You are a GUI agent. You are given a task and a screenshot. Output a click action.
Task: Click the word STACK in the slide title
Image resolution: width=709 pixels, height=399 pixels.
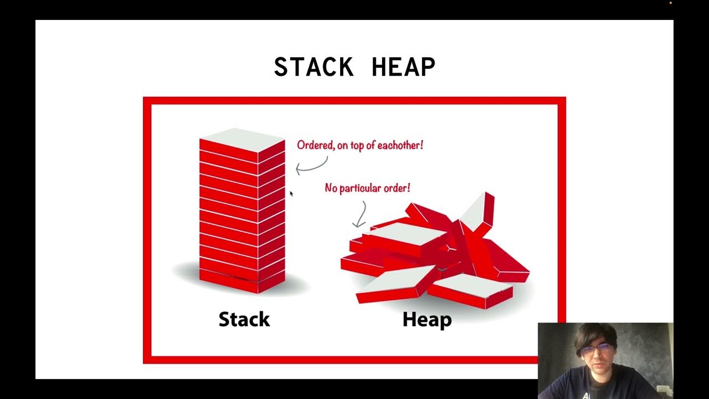click(314, 67)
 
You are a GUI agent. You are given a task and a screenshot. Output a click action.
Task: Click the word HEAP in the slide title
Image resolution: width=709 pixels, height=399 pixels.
click(403, 67)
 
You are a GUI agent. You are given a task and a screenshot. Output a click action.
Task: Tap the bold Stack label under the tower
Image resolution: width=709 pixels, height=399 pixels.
click(244, 319)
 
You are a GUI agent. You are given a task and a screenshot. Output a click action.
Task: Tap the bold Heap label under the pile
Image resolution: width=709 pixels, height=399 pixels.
click(427, 319)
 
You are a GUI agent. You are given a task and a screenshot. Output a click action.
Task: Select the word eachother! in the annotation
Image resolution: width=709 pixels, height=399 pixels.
click(399, 145)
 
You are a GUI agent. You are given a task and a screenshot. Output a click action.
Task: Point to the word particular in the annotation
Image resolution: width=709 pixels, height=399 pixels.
click(361, 188)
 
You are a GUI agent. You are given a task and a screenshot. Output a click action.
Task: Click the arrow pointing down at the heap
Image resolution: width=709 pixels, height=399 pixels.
click(361, 215)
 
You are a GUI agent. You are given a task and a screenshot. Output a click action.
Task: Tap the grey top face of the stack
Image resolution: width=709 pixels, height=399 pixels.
click(243, 139)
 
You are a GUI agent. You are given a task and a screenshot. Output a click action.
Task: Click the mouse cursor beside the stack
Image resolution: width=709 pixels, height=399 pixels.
click(291, 193)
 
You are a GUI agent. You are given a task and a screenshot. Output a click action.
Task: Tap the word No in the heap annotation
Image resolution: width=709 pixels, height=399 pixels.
click(331, 188)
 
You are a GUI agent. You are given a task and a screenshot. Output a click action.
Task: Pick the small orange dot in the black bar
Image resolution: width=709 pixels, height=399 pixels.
click(670, 3)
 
